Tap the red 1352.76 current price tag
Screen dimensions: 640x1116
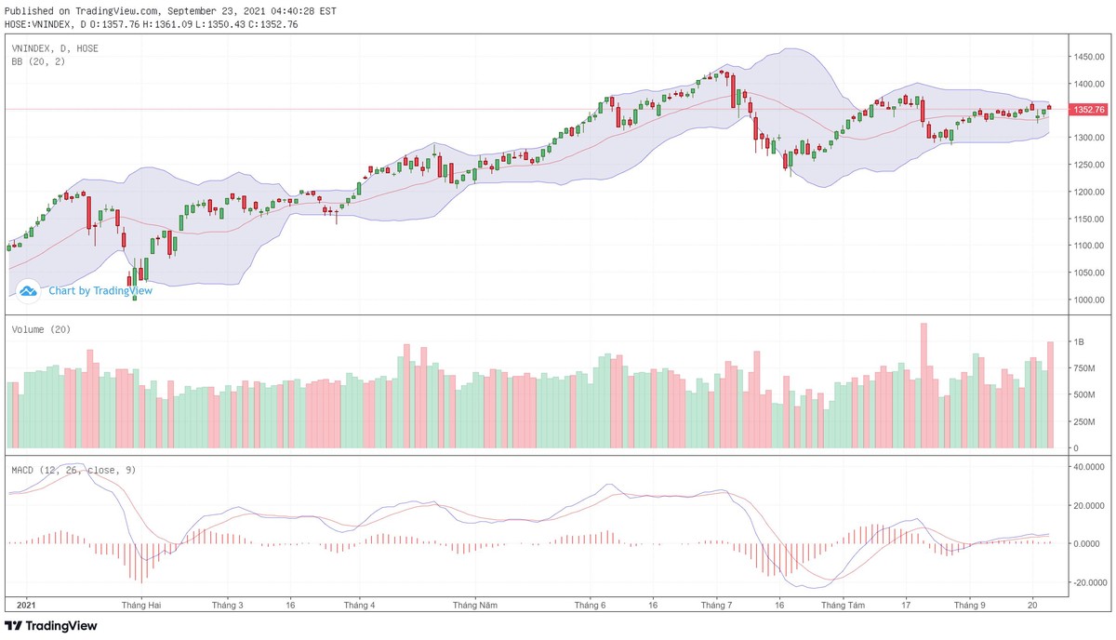[1088, 110]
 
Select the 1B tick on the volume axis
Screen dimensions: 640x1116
[1080, 342]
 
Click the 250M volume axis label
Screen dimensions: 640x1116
[1085, 421]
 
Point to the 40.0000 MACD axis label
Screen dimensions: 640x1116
[1087, 467]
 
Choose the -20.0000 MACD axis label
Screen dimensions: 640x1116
[1087, 582]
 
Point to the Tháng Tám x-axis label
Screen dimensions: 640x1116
[844, 605]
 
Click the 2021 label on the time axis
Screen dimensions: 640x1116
[27, 605]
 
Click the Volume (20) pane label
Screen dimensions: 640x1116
[41, 329]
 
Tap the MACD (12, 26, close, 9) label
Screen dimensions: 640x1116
[73, 470]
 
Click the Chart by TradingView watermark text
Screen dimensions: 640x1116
[100, 290]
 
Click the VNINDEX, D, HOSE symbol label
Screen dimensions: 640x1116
[55, 47]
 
